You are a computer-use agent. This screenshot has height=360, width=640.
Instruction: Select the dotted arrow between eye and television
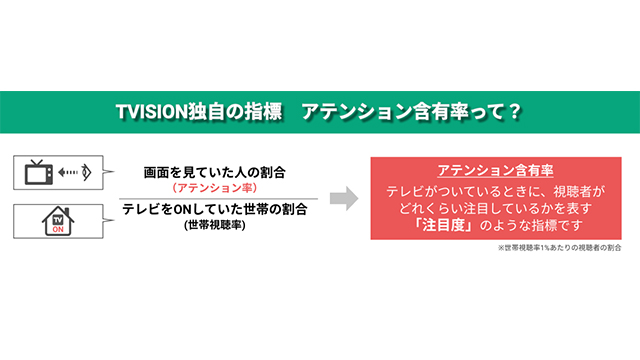coord(66,173)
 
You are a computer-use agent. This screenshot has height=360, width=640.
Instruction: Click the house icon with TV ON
coord(57,220)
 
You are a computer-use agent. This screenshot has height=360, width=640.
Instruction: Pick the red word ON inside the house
coord(57,226)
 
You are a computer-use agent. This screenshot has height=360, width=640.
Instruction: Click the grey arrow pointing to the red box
coord(343,198)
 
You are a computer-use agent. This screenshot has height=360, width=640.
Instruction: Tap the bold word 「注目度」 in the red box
coord(443,226)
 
